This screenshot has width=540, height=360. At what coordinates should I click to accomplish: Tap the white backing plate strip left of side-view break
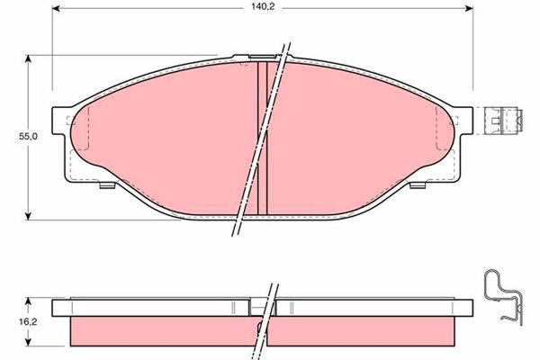tap(153, 306)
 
